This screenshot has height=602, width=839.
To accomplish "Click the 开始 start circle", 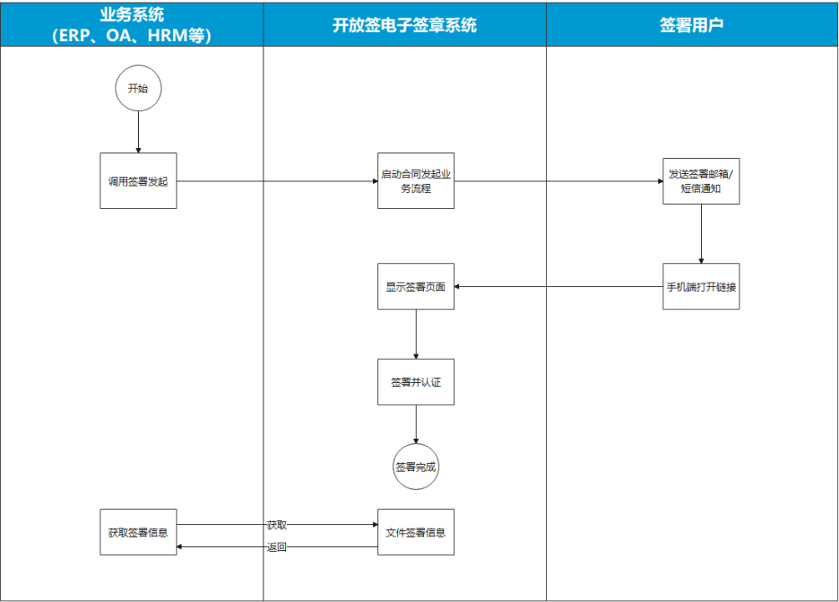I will point(138,88).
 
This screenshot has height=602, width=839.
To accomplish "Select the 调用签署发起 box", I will point(138,181).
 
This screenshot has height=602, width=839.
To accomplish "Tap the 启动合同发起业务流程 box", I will point(416,181).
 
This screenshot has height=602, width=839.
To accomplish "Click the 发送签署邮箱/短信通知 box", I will point(701,181).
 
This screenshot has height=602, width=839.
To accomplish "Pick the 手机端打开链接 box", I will point(701,287).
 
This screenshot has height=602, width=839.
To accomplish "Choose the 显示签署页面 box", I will point(416,287).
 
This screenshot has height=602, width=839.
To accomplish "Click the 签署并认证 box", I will point(416,382).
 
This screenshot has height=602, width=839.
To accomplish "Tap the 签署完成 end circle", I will point(416,467).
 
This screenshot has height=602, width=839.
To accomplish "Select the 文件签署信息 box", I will point(416,532).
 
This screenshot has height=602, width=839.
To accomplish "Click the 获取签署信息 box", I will point(138,532).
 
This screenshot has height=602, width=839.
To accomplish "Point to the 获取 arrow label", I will point(277,525).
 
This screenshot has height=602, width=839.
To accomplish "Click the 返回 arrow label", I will point(277,548).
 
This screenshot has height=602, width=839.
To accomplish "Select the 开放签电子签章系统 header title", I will point(405,25).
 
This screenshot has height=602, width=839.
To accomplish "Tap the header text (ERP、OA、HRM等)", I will point(131,36).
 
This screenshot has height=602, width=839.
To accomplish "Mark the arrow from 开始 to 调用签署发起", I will point(138,131).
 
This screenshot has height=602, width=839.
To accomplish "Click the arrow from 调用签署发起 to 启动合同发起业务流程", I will point(277,181).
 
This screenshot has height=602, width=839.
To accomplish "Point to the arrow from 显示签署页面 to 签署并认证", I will point(416,334).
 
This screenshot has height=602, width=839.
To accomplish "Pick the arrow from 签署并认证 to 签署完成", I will point(416,424).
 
